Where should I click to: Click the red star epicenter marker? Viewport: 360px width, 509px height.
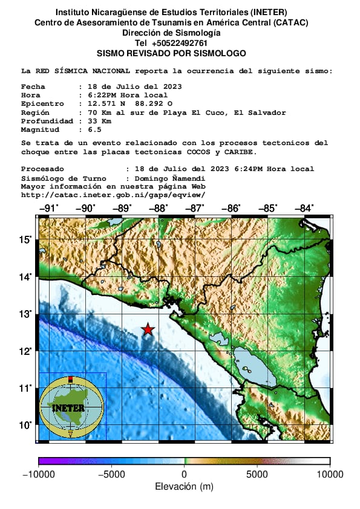pos(148,329)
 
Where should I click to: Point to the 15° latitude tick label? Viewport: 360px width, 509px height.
pos(25,240)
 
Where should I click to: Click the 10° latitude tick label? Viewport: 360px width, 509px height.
pos(25,425)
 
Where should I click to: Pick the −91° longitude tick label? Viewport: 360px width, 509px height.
pos(48,209)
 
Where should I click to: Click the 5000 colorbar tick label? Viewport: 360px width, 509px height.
pos(257,475)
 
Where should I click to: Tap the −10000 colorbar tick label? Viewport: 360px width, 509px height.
pos(38,475)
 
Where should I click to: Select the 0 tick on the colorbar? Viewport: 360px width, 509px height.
pos(185,475)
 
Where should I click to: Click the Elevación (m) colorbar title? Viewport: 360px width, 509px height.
pos(184,487)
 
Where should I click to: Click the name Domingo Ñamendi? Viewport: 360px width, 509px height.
pos(166,179)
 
